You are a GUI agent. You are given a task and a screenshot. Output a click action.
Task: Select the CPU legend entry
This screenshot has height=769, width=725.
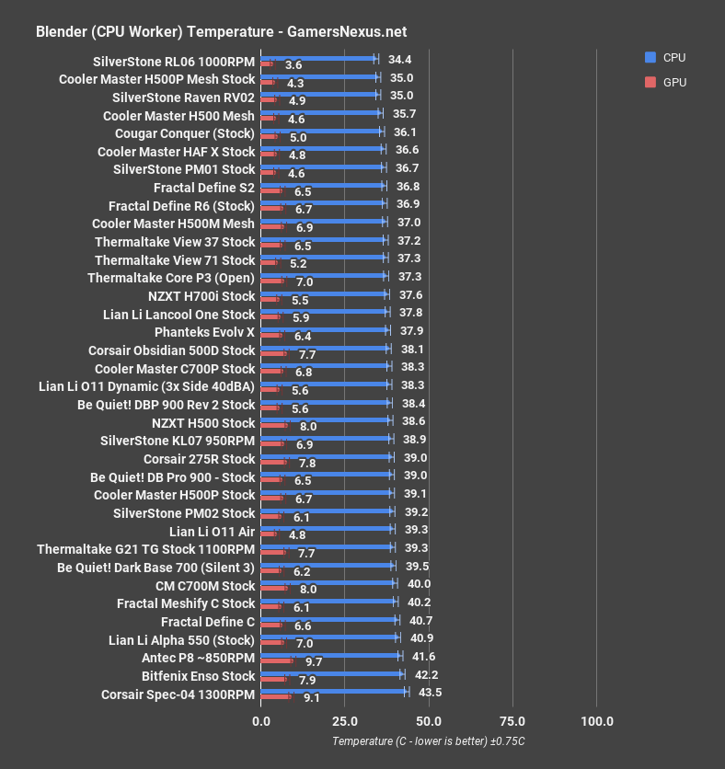coord(666,57)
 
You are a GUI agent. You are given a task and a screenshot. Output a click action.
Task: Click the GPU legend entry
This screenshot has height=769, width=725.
coord(666,82)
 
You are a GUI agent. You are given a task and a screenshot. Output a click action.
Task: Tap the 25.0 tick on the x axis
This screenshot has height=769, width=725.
coord(345,720)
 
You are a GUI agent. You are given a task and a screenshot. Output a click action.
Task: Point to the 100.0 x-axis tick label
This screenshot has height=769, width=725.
coord(597,720)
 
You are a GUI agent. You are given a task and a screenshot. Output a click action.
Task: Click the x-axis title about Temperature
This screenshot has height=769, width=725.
coord(429,741)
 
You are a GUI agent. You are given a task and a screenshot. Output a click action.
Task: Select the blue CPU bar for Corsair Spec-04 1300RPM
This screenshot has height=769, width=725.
coord(334,691)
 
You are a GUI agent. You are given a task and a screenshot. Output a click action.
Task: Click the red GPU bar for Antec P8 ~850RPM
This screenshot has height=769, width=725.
coord(277,660)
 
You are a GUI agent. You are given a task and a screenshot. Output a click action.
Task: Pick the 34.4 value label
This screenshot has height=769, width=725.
coord(399,59)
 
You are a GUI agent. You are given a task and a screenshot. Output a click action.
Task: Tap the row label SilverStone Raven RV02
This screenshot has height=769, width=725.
coord(183,97)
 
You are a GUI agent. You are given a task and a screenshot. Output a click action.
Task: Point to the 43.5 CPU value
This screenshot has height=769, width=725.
coord(430,692)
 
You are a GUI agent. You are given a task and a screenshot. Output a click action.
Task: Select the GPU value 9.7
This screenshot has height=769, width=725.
coord(314,661)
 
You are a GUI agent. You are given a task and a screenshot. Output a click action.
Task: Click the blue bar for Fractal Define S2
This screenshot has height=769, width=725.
coord(323,186)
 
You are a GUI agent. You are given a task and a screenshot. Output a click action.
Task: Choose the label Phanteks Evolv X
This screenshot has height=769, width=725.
coord(204,332)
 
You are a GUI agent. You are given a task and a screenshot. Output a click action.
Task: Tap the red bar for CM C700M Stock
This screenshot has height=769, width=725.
coord(274,588)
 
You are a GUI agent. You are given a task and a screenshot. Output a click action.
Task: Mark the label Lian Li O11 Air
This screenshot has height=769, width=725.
coord(212,532)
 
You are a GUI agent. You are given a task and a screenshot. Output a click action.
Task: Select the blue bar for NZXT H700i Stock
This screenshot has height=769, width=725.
coord(325,294)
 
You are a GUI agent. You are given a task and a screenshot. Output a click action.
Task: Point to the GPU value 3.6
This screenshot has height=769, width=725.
coord(293,65)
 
